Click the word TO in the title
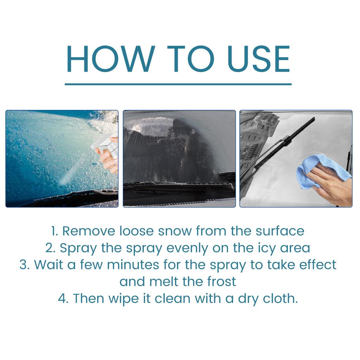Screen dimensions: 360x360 pyautogui.click(x=188, y=59)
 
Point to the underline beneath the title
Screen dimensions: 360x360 pyautogui.click(x=178, y=84)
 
